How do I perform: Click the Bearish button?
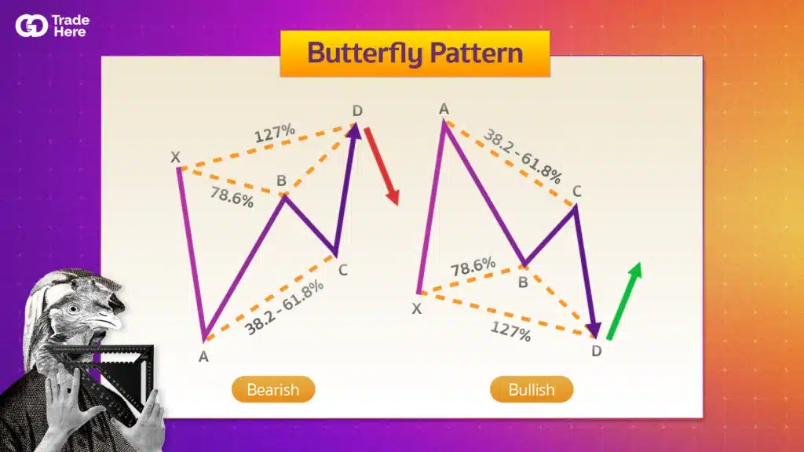tap(273, 389)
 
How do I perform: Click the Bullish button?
tap(532, 389)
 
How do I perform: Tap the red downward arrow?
tap(382, 166)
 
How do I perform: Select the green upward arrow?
tap(624, 301)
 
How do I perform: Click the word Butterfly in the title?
tap(364, 53)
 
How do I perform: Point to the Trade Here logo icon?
tap(31, 26)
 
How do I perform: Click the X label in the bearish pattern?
tap(175, 157)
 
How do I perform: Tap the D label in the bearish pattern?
tap(357, 110)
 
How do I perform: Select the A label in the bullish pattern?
tap(444, 108)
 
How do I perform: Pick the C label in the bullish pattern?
tap(577, 191)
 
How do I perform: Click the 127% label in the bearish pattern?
tap(275, 133)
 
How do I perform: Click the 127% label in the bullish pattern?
tap(510, 331)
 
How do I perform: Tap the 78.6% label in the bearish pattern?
tap(232, 197)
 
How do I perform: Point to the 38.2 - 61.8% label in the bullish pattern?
tap(522, 156)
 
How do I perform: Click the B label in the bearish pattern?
tap(282, 180)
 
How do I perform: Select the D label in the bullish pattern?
tap(597, 351)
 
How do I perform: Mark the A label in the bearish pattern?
tap(203, 357)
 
